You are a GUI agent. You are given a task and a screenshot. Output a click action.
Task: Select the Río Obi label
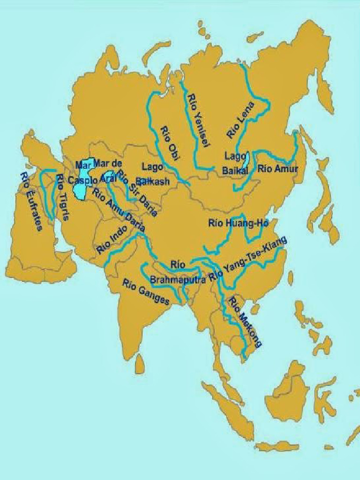click(x=171, y=144)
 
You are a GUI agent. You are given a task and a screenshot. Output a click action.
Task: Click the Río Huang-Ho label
click(x=238, y=223)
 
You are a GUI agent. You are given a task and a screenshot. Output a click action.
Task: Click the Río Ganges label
click(x=146, y=292)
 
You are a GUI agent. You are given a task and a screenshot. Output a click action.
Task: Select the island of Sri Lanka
click(x=140, y=364)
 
